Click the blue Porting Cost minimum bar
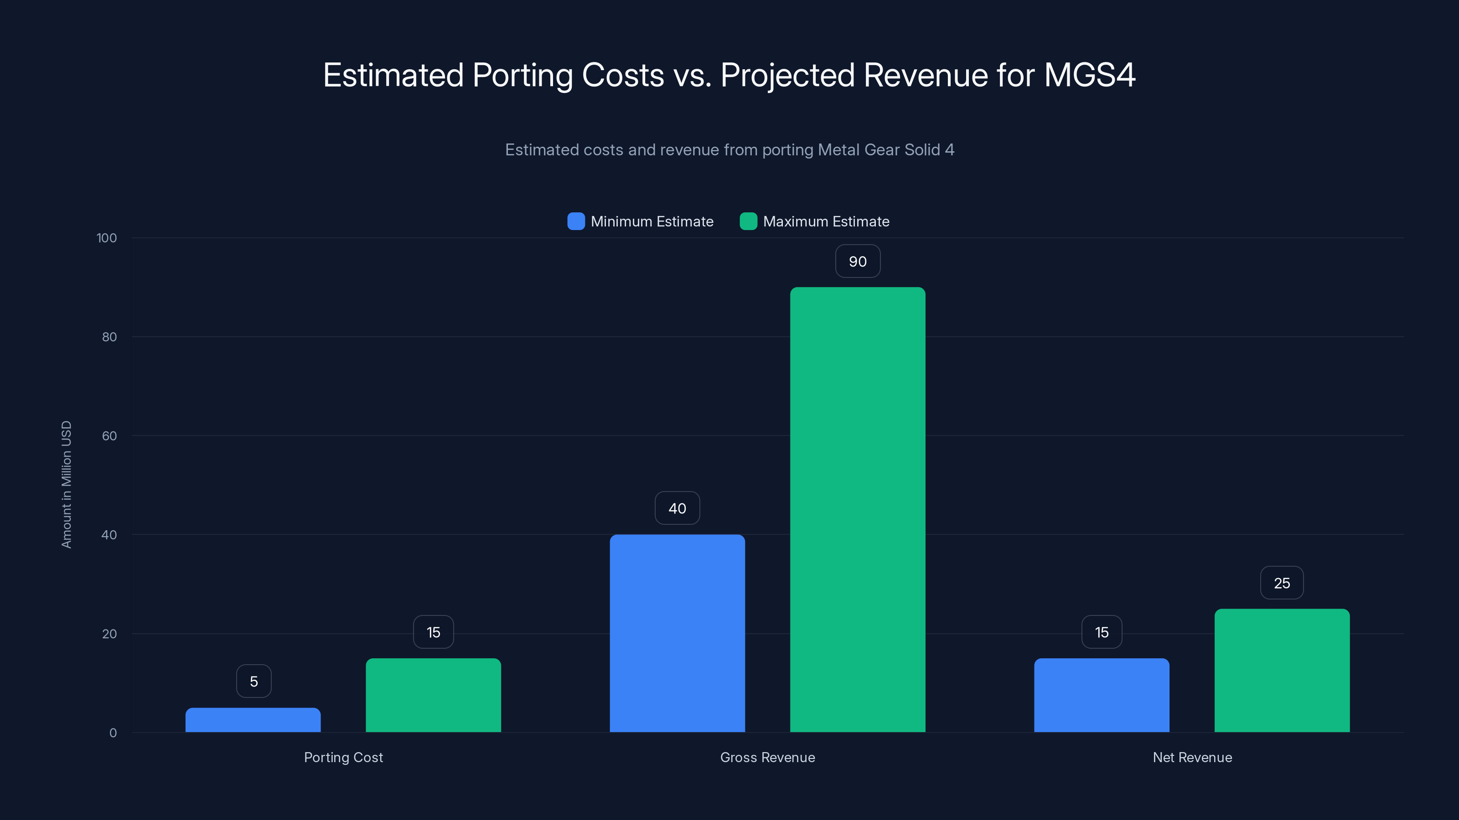pyautogui.click(x=253, y=720)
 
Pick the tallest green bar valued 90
pyautogui.click(x=858, y=509)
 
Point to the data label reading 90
pyautogui.click(x=858, y=261)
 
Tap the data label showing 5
pyautogui.click(x=254, y=682)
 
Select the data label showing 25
pyautogui.click(x=1282, y=583)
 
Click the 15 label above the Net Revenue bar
pyautogui.click(x=1101, y=632)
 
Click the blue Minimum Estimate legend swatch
pyautogui.click(x=576, y=221)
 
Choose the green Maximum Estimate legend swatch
pyautogui.click(x=748, y=221)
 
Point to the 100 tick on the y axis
pyautogui.click(x=107, y=238)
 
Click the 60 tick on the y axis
pyautogui.click(x=109, y=436)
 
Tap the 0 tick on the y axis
pyautogui.click(x=113, y=733)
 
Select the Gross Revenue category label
pyautogui.click(x=767, y=757)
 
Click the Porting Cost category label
pyautogui.click(x=343, y=757)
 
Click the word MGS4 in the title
pyautogui.click(x=1089, y=75)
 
